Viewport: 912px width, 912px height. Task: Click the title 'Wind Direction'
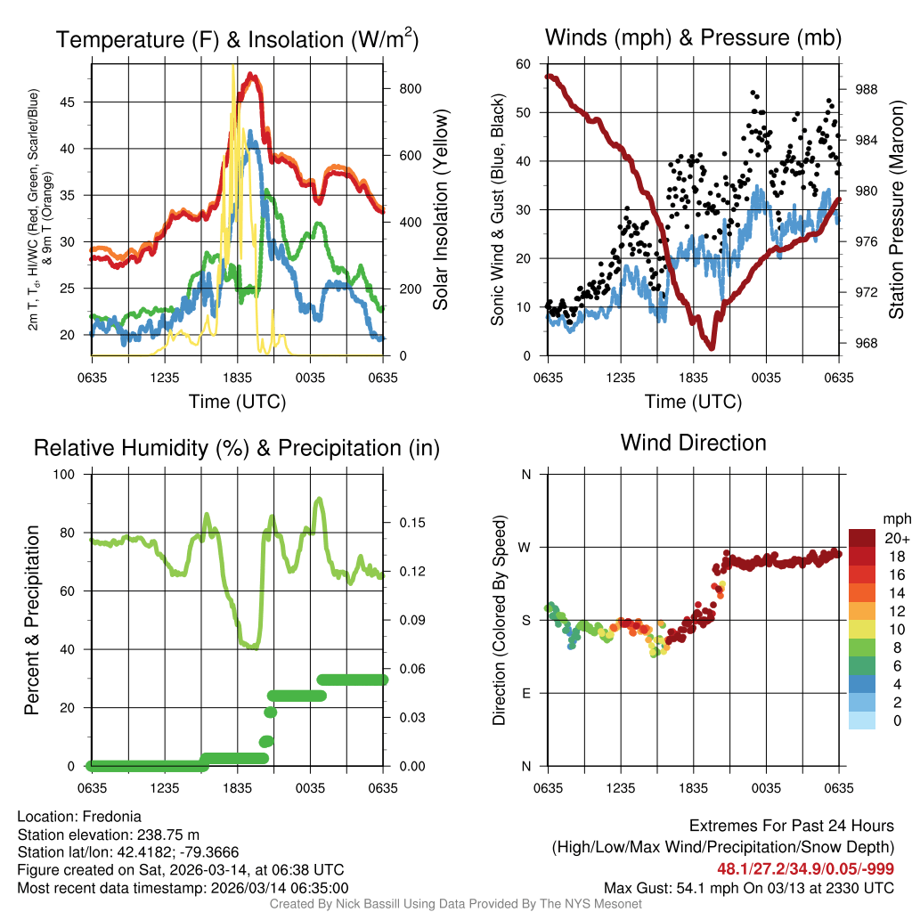(693, 443)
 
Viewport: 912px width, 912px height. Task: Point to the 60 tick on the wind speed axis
(524, 64)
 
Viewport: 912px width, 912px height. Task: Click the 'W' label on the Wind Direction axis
(525, 547)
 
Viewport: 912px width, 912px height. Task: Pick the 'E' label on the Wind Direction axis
(527, 693)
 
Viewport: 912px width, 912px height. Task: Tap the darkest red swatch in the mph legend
(862, 538)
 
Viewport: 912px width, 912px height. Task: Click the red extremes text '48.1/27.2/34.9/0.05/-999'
(805, 868)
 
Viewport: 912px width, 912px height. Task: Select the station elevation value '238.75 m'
(168, 835)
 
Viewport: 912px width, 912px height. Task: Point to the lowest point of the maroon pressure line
(711, 346)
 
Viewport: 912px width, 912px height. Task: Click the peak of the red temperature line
(252, 76)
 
